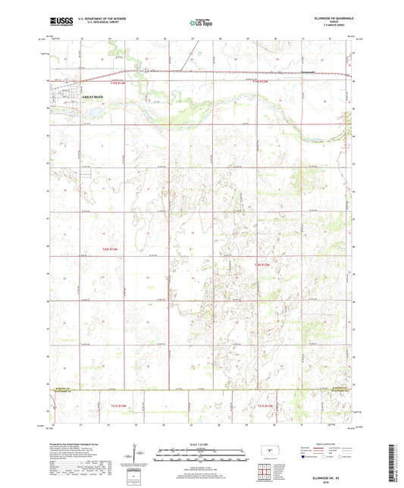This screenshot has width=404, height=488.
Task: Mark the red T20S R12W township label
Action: pos(262,264)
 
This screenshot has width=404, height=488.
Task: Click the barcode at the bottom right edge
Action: pos(395,463)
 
